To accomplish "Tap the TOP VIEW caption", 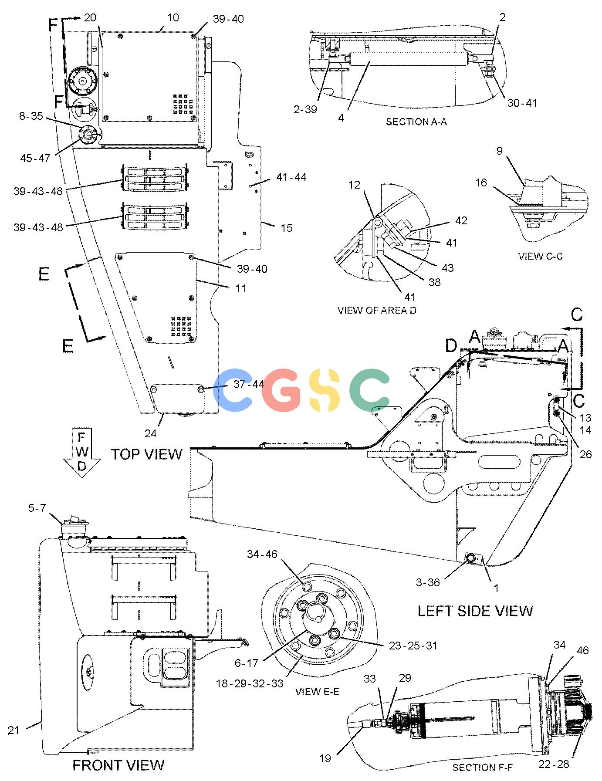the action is click(x=146, y=454).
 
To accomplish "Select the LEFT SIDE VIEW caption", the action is click(x=475, y=611).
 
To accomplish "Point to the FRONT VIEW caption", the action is click(x=118, y=765).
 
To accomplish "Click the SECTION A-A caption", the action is click(x=416, y=122).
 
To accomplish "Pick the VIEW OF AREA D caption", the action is click(x=377, y=311).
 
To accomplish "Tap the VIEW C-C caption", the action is click(x=540, y=256).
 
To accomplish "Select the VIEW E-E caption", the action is click(x=317, y=691).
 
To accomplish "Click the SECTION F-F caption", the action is click(x=482, y=767).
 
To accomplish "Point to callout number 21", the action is click(x=14, y=730).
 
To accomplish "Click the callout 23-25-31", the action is click(x=413, y=645).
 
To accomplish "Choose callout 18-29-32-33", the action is click(x=250, y=683).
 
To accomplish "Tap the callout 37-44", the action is click(x=249, y=384).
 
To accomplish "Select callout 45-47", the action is click(x=35, y=158).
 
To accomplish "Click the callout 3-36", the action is click(x=428, y=582).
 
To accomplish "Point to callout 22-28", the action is click(x=554, y=764).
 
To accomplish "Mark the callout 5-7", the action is click(x=37, y=508).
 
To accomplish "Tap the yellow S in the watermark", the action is click(x=323, y=389).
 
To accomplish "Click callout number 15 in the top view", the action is click(x=287, y=227).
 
